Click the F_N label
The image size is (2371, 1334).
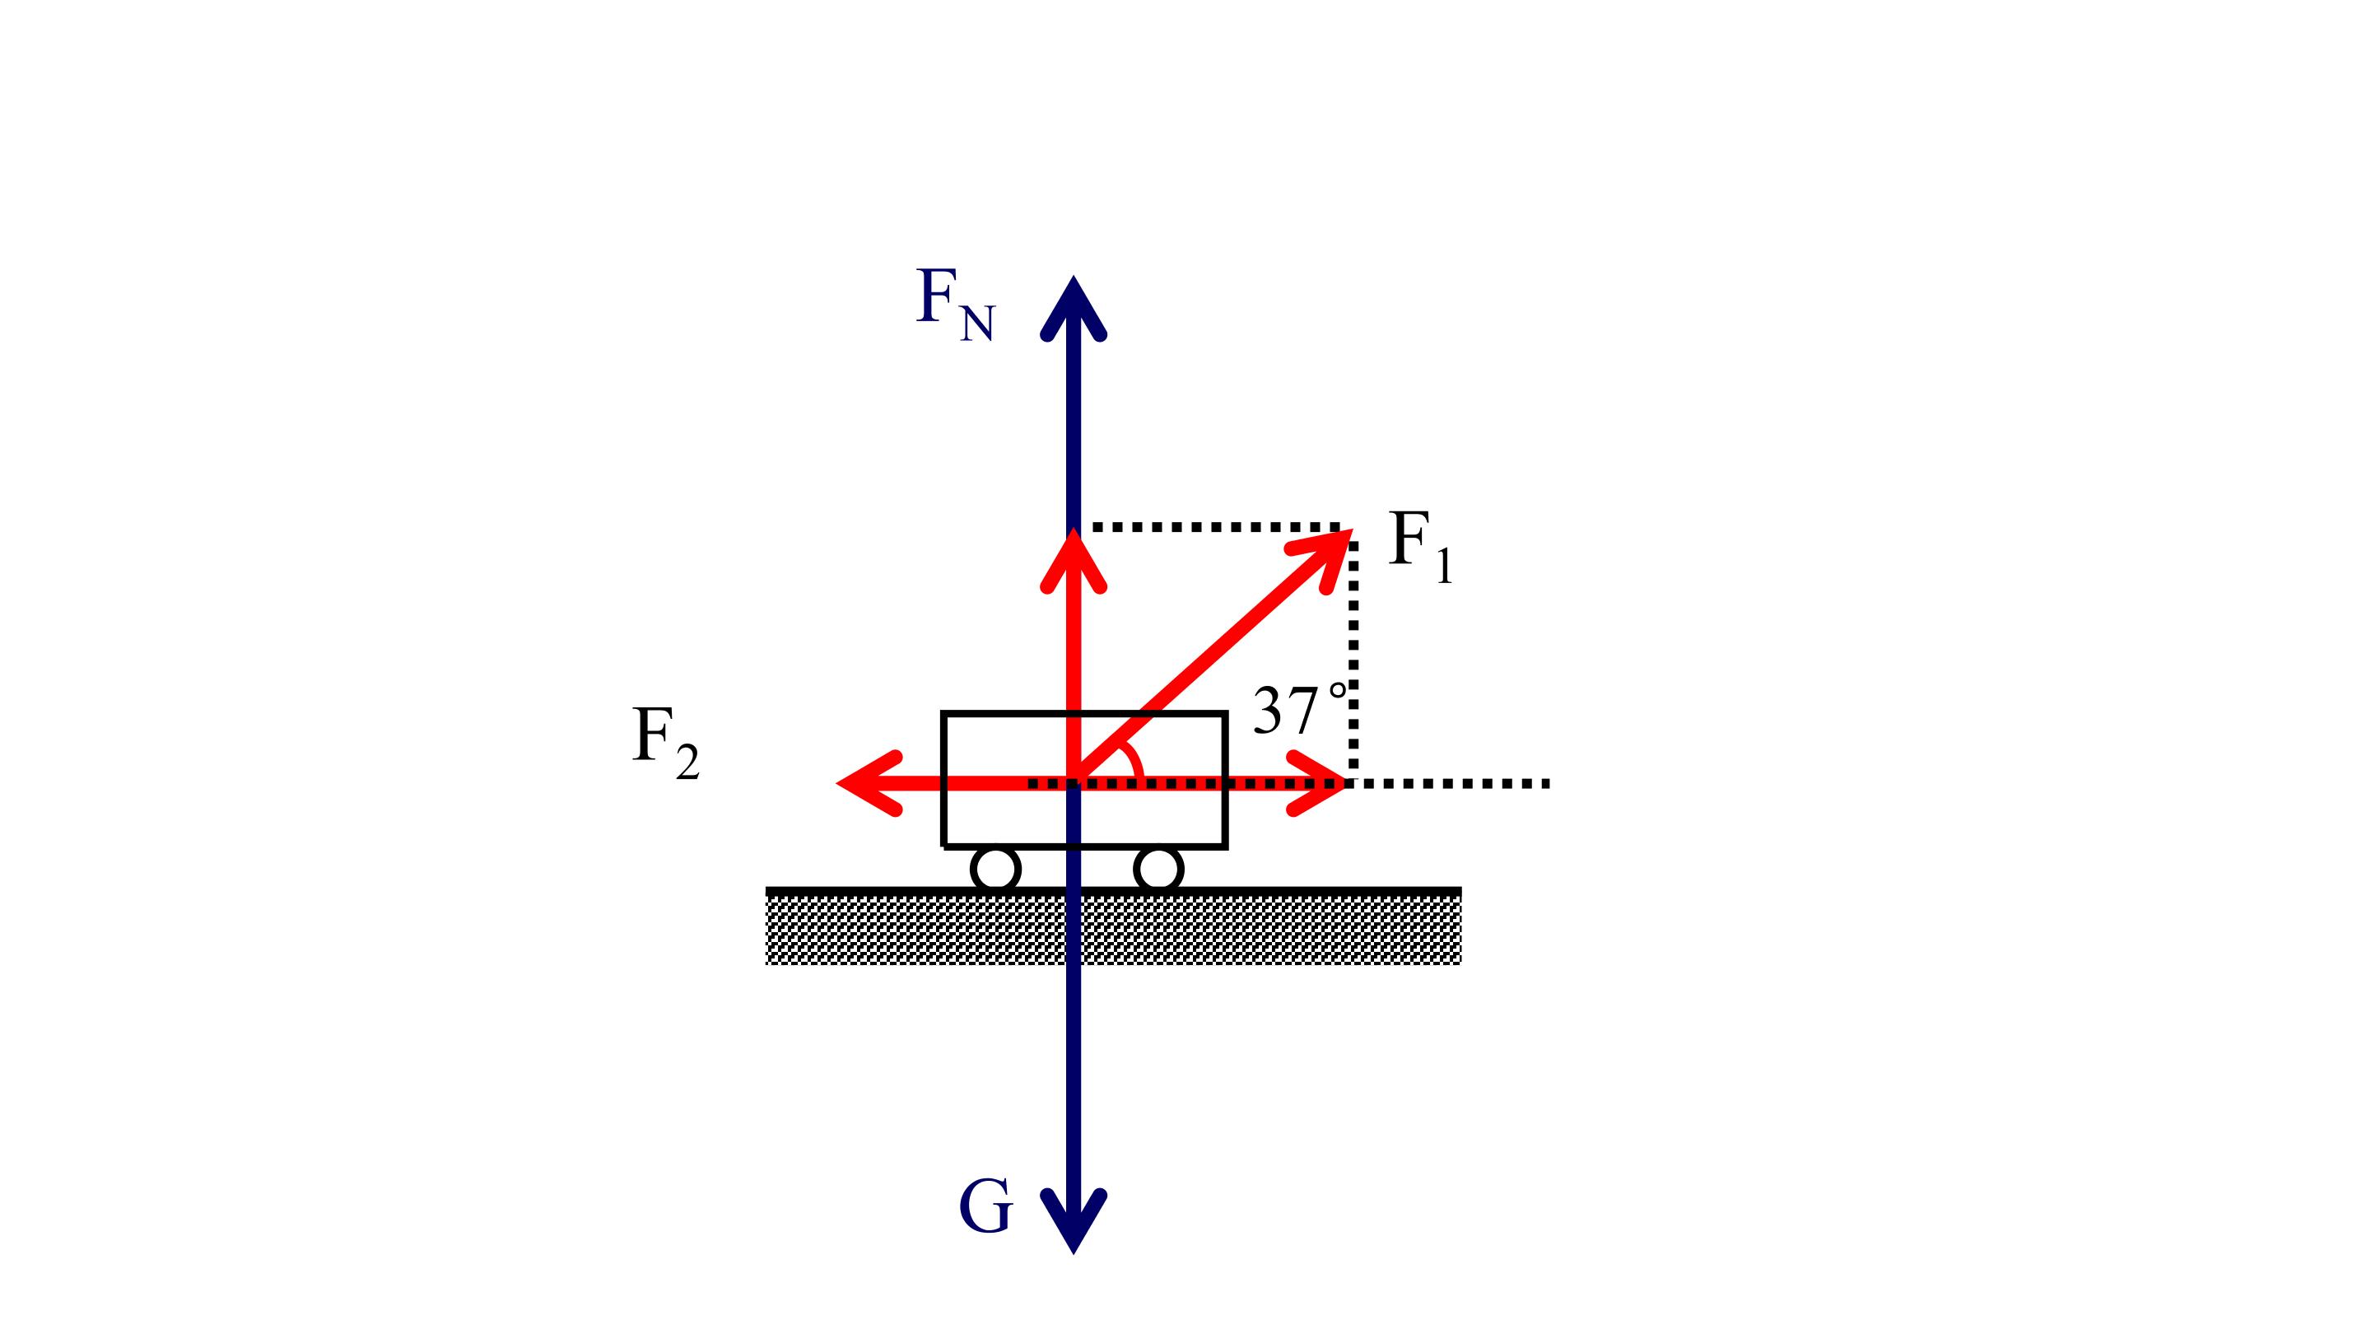click(x=955, y=305)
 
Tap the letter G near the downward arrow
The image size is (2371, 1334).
click(x=985, y=1206)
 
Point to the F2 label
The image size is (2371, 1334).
click(x=664, y=742)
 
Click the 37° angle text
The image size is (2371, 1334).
click(x=1300, y=709)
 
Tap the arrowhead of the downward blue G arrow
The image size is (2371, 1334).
click(x=1074, y=1222)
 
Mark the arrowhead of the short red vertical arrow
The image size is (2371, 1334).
click(x=1074, y=559)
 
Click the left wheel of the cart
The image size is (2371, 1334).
click(x=996, y=868)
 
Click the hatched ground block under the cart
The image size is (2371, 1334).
click(x=1114, y=926)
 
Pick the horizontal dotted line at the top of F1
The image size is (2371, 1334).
click(x=1215, y=528)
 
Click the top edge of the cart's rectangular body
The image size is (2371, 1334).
click(x=1084, y=713)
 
